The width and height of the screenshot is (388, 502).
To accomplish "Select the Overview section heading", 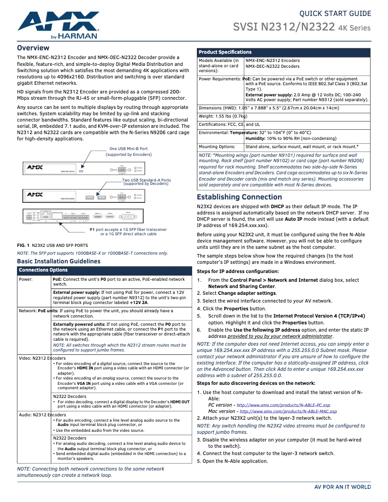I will pyautogui.click(x=33, y=48).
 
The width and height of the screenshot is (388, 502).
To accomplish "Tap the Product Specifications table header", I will pyautogui.click(x=225, y=52).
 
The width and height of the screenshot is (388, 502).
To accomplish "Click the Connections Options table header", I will pyautogui.click(x=43, y=270).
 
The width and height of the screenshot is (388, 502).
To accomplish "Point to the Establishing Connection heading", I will pyautogui.click(x=239, y=197).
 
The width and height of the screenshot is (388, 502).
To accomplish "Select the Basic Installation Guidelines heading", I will pyautogui.click(x=59, y=261).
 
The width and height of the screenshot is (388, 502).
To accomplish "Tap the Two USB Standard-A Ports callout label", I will pyautogui.click(x=146, y=182).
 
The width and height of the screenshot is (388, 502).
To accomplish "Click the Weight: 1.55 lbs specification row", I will pyautogui.click(x=223, y=116).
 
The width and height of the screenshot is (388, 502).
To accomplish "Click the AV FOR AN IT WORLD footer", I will pyautogui.click(x=343, y=487).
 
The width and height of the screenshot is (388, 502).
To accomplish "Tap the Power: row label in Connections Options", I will pyautogui.click(x=26, y=279).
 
